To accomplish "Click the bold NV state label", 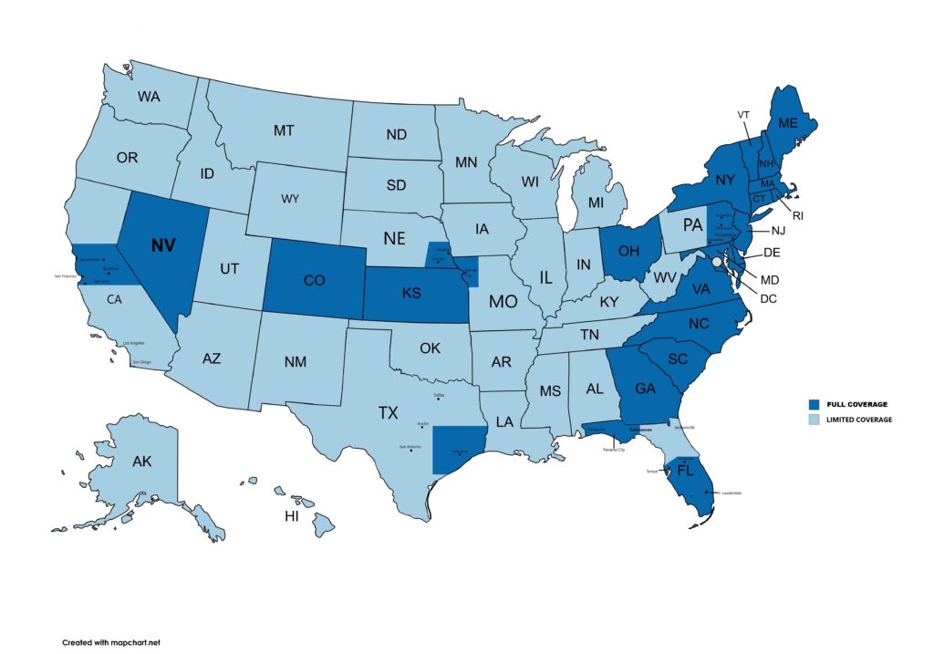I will coord(164,245).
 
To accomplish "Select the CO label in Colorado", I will coord(314,281).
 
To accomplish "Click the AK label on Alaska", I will coord(141,462).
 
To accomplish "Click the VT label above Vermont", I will coord(744,114).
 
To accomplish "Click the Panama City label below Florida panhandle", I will coord(613,450).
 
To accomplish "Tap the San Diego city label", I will coord(140,362).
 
